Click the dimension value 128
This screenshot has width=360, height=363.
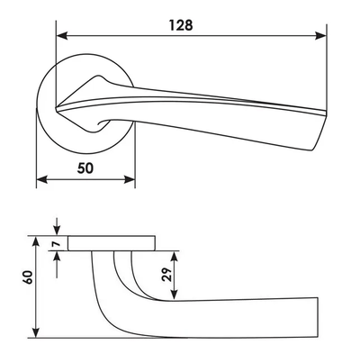pos(181,25)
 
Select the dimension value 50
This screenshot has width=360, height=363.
pos(85,168)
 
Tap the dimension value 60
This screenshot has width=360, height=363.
pos(28,277)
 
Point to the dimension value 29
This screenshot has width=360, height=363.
pos(166,274)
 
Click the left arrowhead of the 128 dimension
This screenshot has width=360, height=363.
pos(61,36)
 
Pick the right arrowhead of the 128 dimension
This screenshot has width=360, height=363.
pos(320,36)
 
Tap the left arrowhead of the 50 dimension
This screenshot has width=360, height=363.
pos(42,180)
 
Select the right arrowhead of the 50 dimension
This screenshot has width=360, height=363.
pos(130,180)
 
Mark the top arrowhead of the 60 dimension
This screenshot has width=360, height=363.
pos(36,242)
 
